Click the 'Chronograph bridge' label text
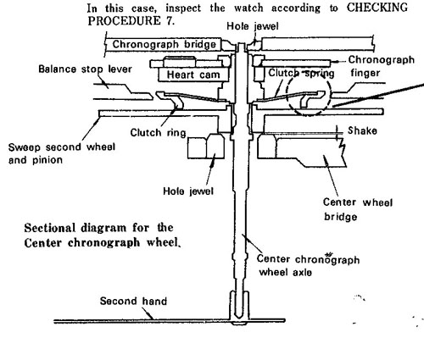[165, 44]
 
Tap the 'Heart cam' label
[193, 75]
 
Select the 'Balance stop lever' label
[85, 69]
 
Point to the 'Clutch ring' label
[158, 132]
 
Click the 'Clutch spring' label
[301, 73]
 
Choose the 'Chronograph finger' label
[382, 66]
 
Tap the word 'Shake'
[362, 130]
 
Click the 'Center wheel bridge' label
[358, 209]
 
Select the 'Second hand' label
[133, 301]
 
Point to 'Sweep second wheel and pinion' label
[62, 153]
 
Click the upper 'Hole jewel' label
[253, 26]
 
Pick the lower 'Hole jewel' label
[188, 191]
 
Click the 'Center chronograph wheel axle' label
[308, 265]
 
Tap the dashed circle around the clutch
[287, 95]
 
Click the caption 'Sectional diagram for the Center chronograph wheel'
[103, 235]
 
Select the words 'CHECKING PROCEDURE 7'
[248, 14]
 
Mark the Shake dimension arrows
[337, 133]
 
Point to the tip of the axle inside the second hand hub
[240, 315]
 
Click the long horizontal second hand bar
[169, 321]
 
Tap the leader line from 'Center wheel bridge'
[331, 176]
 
